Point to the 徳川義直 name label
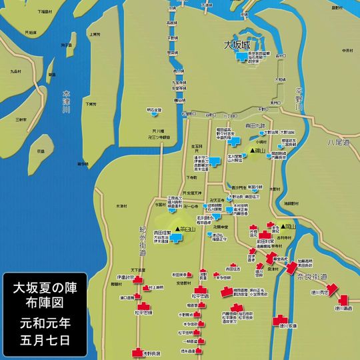pyautogui.click(x=343, y=308)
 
